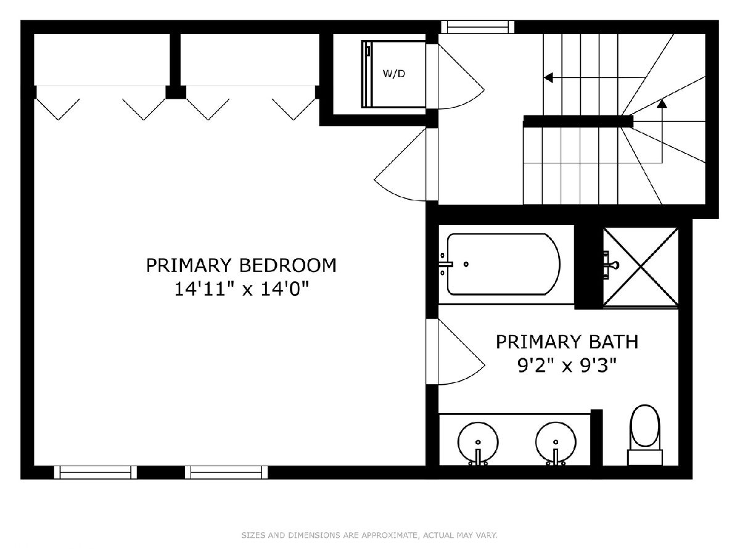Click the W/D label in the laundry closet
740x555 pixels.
point(394,73)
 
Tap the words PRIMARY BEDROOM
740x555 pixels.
point(241,265)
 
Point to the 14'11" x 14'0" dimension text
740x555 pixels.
point(241,289)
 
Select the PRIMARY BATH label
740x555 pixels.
point(567,342)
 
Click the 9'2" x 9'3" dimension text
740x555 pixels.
point(567,365)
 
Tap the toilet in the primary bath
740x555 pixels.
point(644,435)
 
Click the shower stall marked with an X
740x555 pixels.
point(641,268)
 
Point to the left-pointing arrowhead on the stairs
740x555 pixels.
point(548,78)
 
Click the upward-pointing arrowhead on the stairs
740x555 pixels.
point(662,104)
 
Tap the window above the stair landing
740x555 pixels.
point(478,27)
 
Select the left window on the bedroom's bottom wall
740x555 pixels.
point(96,472)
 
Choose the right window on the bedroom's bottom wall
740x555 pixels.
point(226,472)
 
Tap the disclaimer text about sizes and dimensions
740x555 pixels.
point(369,535)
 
